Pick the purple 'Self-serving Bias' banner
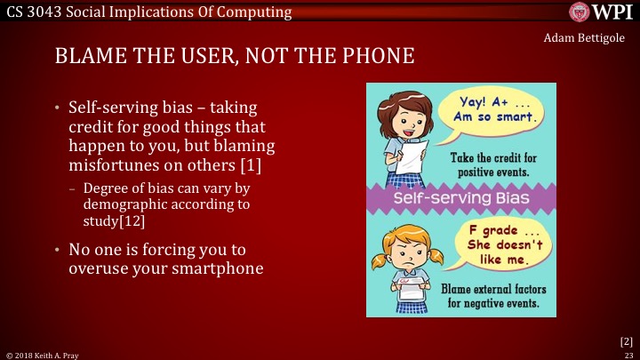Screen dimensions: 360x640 pos(460,195)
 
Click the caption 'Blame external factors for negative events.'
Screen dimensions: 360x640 pos(496,295)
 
